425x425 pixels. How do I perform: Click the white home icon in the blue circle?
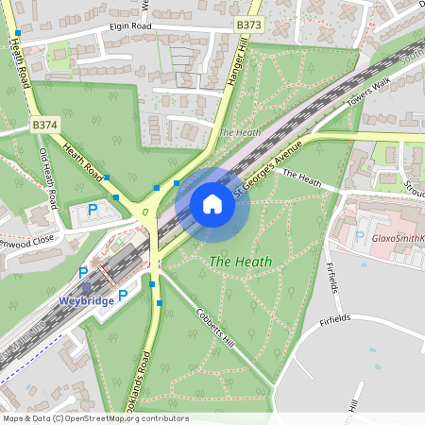(x=212, y=204)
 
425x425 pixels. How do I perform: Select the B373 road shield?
(x=249, y=25)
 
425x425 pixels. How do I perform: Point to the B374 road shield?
(x=43, y=124)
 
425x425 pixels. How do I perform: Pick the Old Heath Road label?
(x=48, y=178)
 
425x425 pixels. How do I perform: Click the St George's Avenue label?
(x=269, y=171)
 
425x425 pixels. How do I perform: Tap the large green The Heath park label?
(x=241, y=262)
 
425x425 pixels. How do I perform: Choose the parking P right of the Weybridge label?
(x=123, y=296)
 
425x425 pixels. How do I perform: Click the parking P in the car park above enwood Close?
(x=93, y=209)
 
